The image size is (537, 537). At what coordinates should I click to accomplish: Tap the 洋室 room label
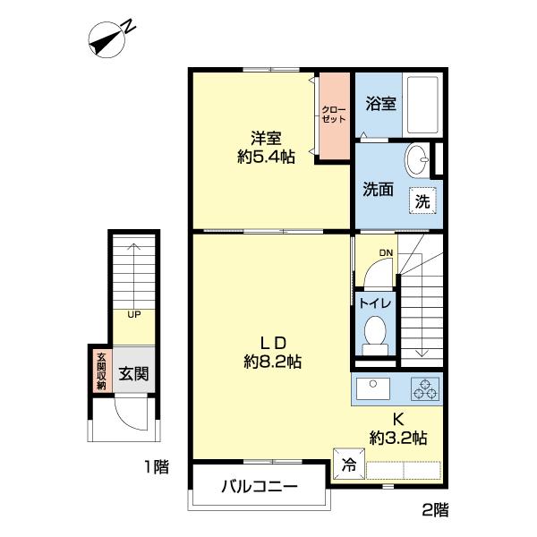click(x=267, y=138)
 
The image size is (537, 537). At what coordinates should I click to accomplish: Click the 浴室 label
click(x=379, y=105)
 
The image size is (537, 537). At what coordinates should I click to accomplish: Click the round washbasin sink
click(x=416, y=162)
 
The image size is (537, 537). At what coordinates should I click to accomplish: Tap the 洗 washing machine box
click(x=423, y=201)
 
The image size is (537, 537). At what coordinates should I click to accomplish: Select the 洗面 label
click(x=378, y=190)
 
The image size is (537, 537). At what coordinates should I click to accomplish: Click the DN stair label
click(x=385, y=253)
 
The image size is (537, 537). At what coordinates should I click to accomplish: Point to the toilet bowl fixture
click(x=374, y=332)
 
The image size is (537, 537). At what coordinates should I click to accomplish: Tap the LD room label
click(x=272, y=342)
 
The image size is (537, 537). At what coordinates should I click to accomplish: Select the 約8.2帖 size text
click(x=271, y=362)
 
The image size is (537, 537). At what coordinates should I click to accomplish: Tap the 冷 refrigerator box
click(x=348, y=464)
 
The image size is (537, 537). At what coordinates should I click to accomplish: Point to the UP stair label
click(x=133, y=314)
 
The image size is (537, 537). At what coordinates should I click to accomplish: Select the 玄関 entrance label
click(x=134, y=371)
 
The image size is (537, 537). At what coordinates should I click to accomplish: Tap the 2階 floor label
click(x=435, y=510)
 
